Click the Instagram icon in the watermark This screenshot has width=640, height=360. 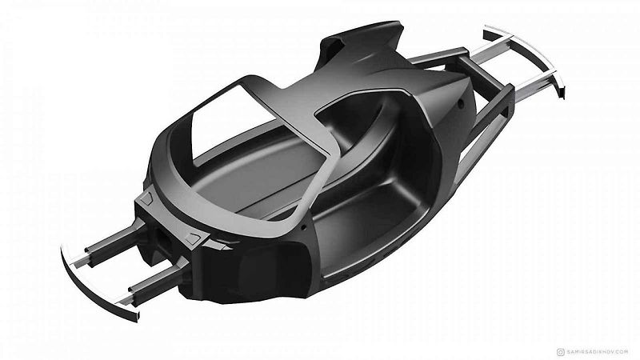tap(561, 352)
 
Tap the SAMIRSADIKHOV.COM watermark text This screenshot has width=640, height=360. tap(598, 352)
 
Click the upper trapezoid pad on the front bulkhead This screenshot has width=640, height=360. tap(146, 198)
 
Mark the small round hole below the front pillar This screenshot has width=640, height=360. tap(304, 226)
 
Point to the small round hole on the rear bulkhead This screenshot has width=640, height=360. tap(461, 103)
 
